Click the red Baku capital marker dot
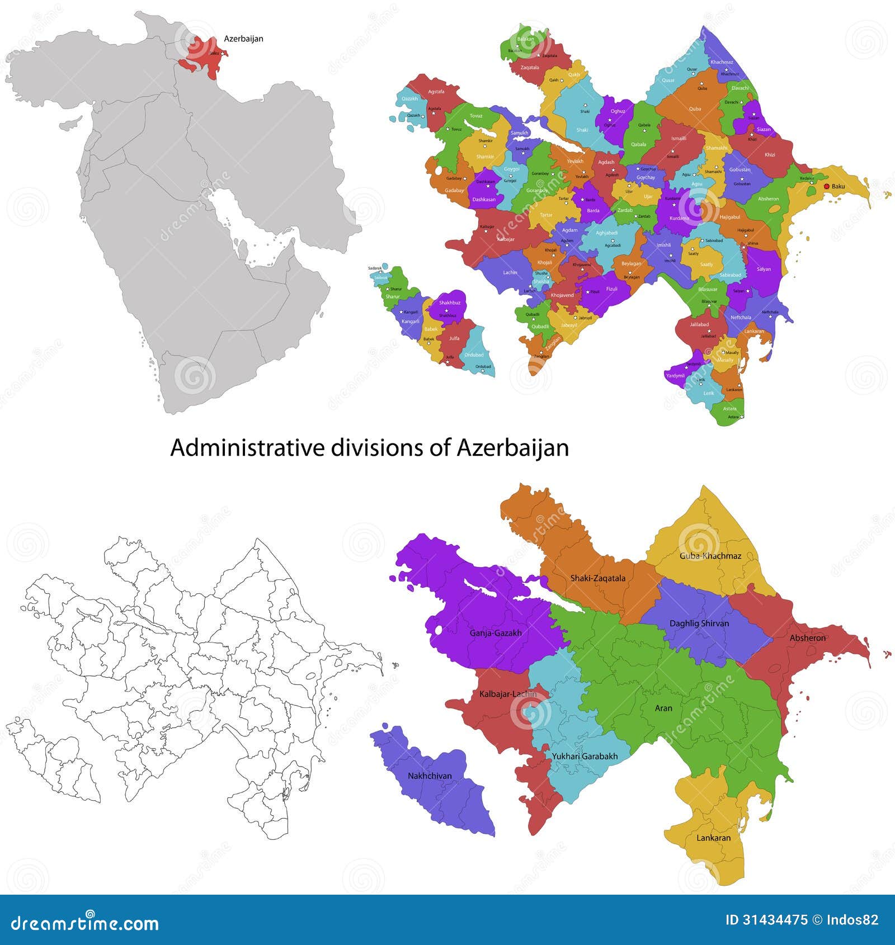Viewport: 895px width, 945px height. (827, 186)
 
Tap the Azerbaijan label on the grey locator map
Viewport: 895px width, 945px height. (243, 39)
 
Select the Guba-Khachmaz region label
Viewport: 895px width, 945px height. (710, 556)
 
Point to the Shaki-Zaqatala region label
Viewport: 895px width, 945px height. (597, 578)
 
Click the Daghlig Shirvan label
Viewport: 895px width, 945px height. (699, 623)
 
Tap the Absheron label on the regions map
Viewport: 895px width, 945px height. (807, 637)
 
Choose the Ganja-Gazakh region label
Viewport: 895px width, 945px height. (495, 633)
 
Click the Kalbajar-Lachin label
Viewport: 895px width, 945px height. (507, 694)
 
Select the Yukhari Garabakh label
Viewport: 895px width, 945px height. (585, 756)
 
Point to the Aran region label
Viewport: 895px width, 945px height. (663, 708)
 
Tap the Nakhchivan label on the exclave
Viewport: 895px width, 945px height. (429, 776)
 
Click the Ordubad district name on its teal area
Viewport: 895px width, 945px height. (474, 355)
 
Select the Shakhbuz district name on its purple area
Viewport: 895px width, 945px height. (449, 303)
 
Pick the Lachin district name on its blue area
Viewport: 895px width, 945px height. (510, 272)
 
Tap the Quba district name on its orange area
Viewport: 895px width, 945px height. (695, 109)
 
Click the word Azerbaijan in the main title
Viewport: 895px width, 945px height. (513, 448)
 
